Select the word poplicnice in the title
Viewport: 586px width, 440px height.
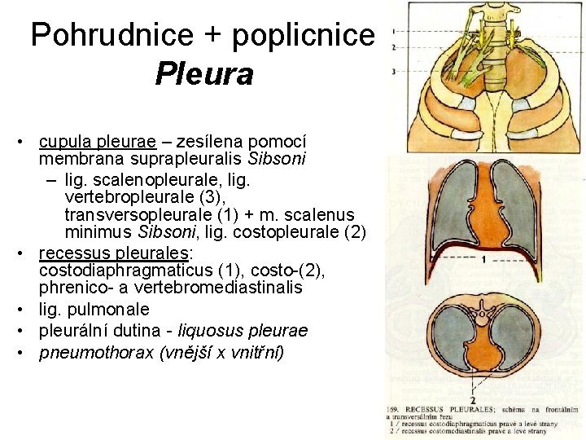[x=303, y=35]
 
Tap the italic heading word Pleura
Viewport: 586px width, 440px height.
[x=203, y=74]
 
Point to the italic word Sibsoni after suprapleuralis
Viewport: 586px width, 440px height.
[x=279, y=157]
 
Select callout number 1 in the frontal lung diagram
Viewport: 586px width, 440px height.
[x=483, y=259]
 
